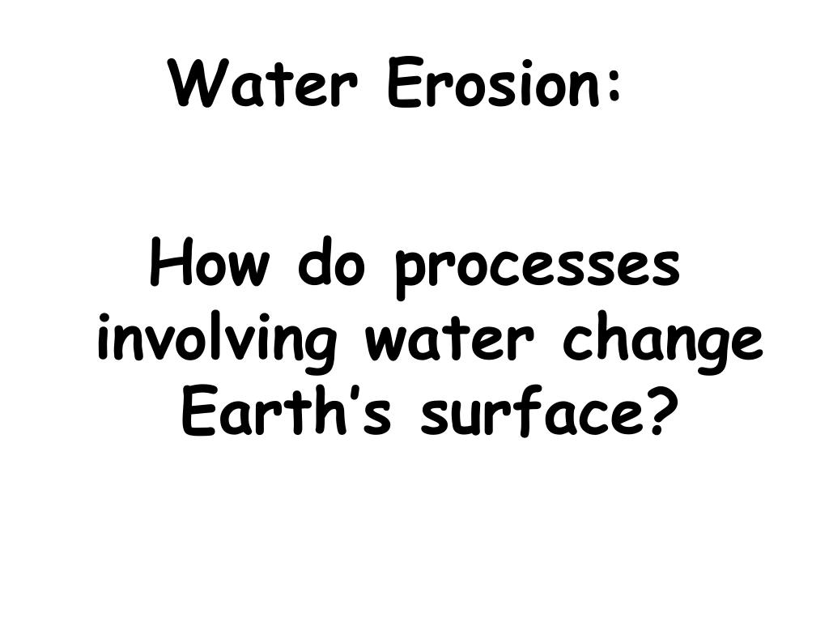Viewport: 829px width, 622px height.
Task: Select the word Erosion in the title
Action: click(x=495, y=85)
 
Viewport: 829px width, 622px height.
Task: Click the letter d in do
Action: click(x=313, y=266)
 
